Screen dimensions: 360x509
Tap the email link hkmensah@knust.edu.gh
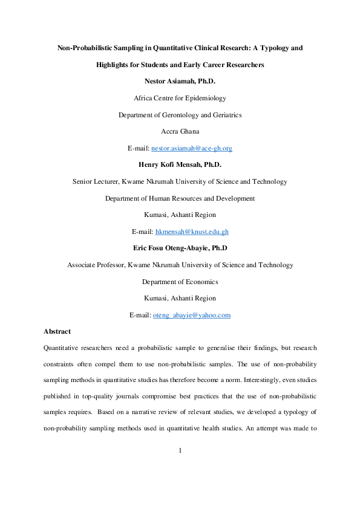pos(192,232)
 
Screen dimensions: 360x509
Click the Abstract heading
pos(57,332)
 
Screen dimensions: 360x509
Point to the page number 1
pos(180,467)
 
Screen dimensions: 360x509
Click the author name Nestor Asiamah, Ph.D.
pos(180,80)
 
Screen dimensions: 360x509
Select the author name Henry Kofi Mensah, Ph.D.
pos(180,164)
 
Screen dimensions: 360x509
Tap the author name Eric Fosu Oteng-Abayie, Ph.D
pos(180,248)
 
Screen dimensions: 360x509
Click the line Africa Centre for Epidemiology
pos(180,97)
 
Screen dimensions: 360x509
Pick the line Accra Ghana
pos(180,131)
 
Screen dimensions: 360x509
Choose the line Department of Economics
pos(180,282)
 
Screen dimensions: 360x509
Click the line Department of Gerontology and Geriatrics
pos(180,114)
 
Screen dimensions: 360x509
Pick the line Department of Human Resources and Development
pos(180,198)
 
